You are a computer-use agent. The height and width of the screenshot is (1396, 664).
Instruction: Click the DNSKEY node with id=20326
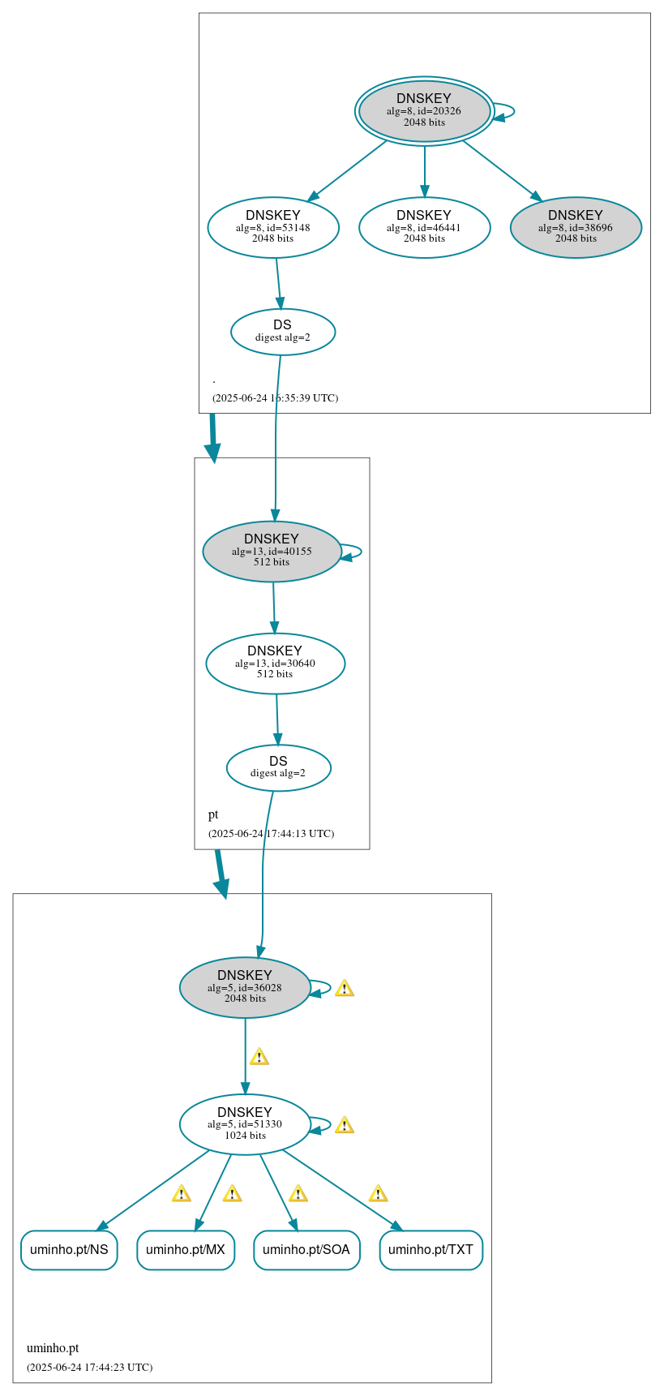pyautogui.click(x=424, y=111)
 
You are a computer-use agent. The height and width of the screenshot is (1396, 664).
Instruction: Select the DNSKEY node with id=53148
pyautogui.click(x=273, y=227)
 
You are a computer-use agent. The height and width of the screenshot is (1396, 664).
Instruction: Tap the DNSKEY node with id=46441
pyautogui.click(x=424, y=227)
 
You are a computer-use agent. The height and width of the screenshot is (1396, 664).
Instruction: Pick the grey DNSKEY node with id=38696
pyautogui.click(x=576, y=227)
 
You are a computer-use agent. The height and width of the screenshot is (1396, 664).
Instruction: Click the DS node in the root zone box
pyautogui.click(x=282, y=332)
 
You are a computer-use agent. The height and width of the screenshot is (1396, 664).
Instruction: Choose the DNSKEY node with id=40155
pyautogui.click(x=272, y=551)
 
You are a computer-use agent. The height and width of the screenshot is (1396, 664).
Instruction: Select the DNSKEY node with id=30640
pyautogui.click(x=275, y=663)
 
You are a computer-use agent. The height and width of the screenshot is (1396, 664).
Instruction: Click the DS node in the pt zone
pyautogui.click(x=278, y=767)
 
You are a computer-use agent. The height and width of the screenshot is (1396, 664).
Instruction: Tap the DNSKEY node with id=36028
pyautogui.click(x=245, y=987)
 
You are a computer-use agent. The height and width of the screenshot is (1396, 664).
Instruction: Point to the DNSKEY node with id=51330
pyautogui.click(x=245, y=1124)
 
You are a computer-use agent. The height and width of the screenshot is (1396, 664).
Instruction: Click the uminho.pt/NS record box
pyautogui.click(x=69, y=1249)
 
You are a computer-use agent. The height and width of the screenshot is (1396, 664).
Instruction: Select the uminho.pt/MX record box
pyautogui.click(x=186, y=1249)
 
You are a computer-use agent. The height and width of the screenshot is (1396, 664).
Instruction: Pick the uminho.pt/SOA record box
pyautogui.click(x=306, y=1249)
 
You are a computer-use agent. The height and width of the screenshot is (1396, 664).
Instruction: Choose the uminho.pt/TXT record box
pyautogui.click(x=431, y=1249)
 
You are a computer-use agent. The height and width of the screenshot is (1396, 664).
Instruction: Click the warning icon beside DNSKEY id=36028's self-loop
pyautogui.click(x=344, y=988)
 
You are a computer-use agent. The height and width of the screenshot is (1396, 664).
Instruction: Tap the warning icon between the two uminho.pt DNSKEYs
pyautogui.click(x=259, y=1056)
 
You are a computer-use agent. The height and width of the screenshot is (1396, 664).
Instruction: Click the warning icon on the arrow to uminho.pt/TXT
pyautogui.click(x=377, y=1193)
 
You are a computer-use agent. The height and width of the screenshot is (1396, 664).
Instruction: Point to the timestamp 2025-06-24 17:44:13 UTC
pyautogui.click(x=271, y=833)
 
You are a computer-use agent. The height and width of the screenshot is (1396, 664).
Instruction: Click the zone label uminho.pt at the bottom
pyautogui.click(x=53, y=1348)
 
